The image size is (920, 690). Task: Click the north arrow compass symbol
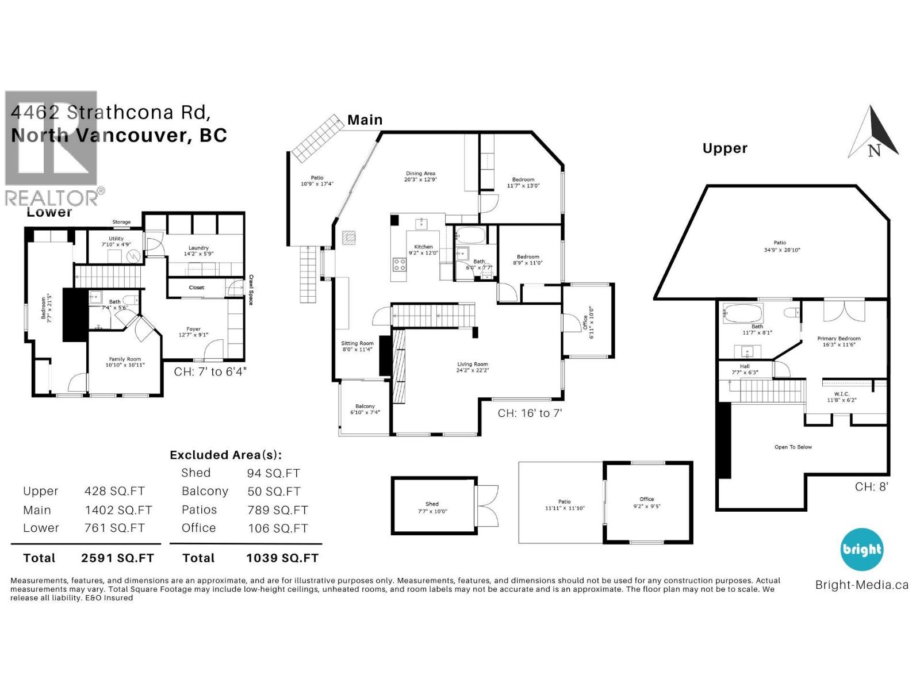pos(873,133)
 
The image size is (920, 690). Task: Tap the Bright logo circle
pos(861,549)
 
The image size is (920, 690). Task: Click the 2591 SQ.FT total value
pos(117,558)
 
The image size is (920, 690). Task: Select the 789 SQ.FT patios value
pos(278,510)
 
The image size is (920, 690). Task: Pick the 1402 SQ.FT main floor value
pos(118,510)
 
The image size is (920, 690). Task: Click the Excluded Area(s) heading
pos(225,455)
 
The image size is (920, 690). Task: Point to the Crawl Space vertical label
pos(251,290)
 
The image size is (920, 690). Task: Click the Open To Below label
pos(793,447)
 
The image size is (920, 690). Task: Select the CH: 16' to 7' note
pos(530,413)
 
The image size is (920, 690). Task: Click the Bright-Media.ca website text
pos(861,585)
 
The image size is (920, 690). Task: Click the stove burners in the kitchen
pos(399,264)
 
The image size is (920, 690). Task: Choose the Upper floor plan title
pos(724,148)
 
